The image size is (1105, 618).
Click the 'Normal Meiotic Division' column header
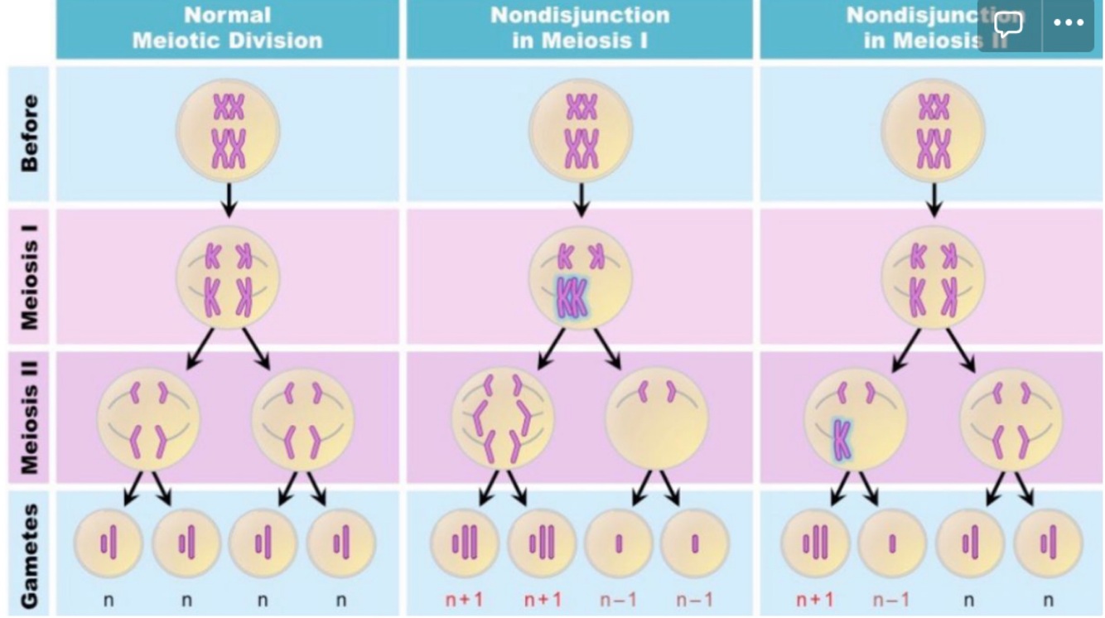coord(227,27)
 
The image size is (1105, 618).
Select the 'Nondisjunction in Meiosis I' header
coord(579,27)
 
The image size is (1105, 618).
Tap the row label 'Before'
coord(29,133)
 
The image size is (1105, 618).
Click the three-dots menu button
coord(1069,23)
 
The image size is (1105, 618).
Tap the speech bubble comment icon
coord(1008,24)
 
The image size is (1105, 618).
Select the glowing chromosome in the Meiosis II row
coord(842,439)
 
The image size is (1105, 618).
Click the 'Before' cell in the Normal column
coord(228,131)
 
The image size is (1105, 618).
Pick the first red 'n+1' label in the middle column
coord(464,599)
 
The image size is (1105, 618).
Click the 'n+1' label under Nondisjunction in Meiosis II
coord(814,599)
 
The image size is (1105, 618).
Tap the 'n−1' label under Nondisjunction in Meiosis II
coord(891,599)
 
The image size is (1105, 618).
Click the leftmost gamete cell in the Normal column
coord(109,543)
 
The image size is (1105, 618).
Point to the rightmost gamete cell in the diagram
coord(1048,543)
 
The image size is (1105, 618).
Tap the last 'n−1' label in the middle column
coord(694,599)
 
